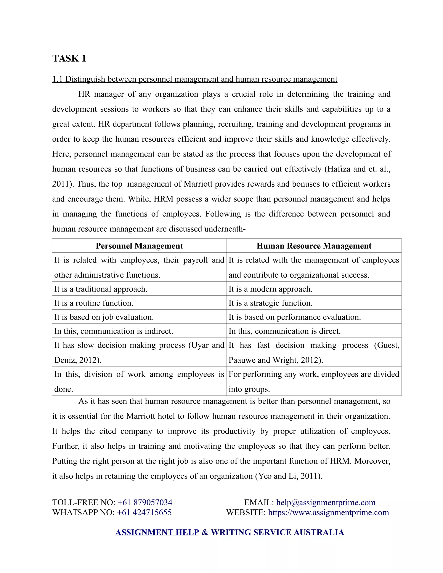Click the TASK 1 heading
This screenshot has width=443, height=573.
69,58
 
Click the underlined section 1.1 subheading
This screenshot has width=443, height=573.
194,79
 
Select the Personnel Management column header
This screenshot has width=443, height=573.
139,246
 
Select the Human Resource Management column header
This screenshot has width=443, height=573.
314,246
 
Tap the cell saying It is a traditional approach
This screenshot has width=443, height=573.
101,289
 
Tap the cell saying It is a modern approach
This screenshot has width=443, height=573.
270,289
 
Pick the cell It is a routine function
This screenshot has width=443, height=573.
94,303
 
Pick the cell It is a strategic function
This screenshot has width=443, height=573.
270,303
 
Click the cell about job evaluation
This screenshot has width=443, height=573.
104,317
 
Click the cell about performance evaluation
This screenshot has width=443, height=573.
294,317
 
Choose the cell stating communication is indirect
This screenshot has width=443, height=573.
113,331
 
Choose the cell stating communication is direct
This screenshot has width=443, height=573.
284,331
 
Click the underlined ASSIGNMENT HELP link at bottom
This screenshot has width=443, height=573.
157,532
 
